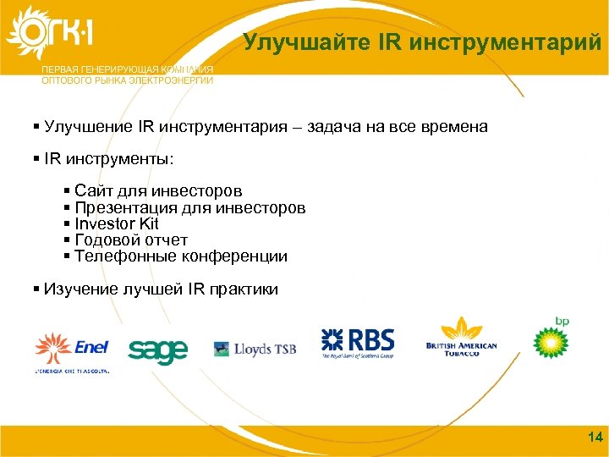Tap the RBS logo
(x=358, y=343)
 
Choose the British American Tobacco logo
(x=461, y=338)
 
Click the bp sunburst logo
(x=551, y=339)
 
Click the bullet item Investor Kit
(x=117, y=224)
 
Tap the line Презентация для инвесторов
(x=189, y=208)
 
